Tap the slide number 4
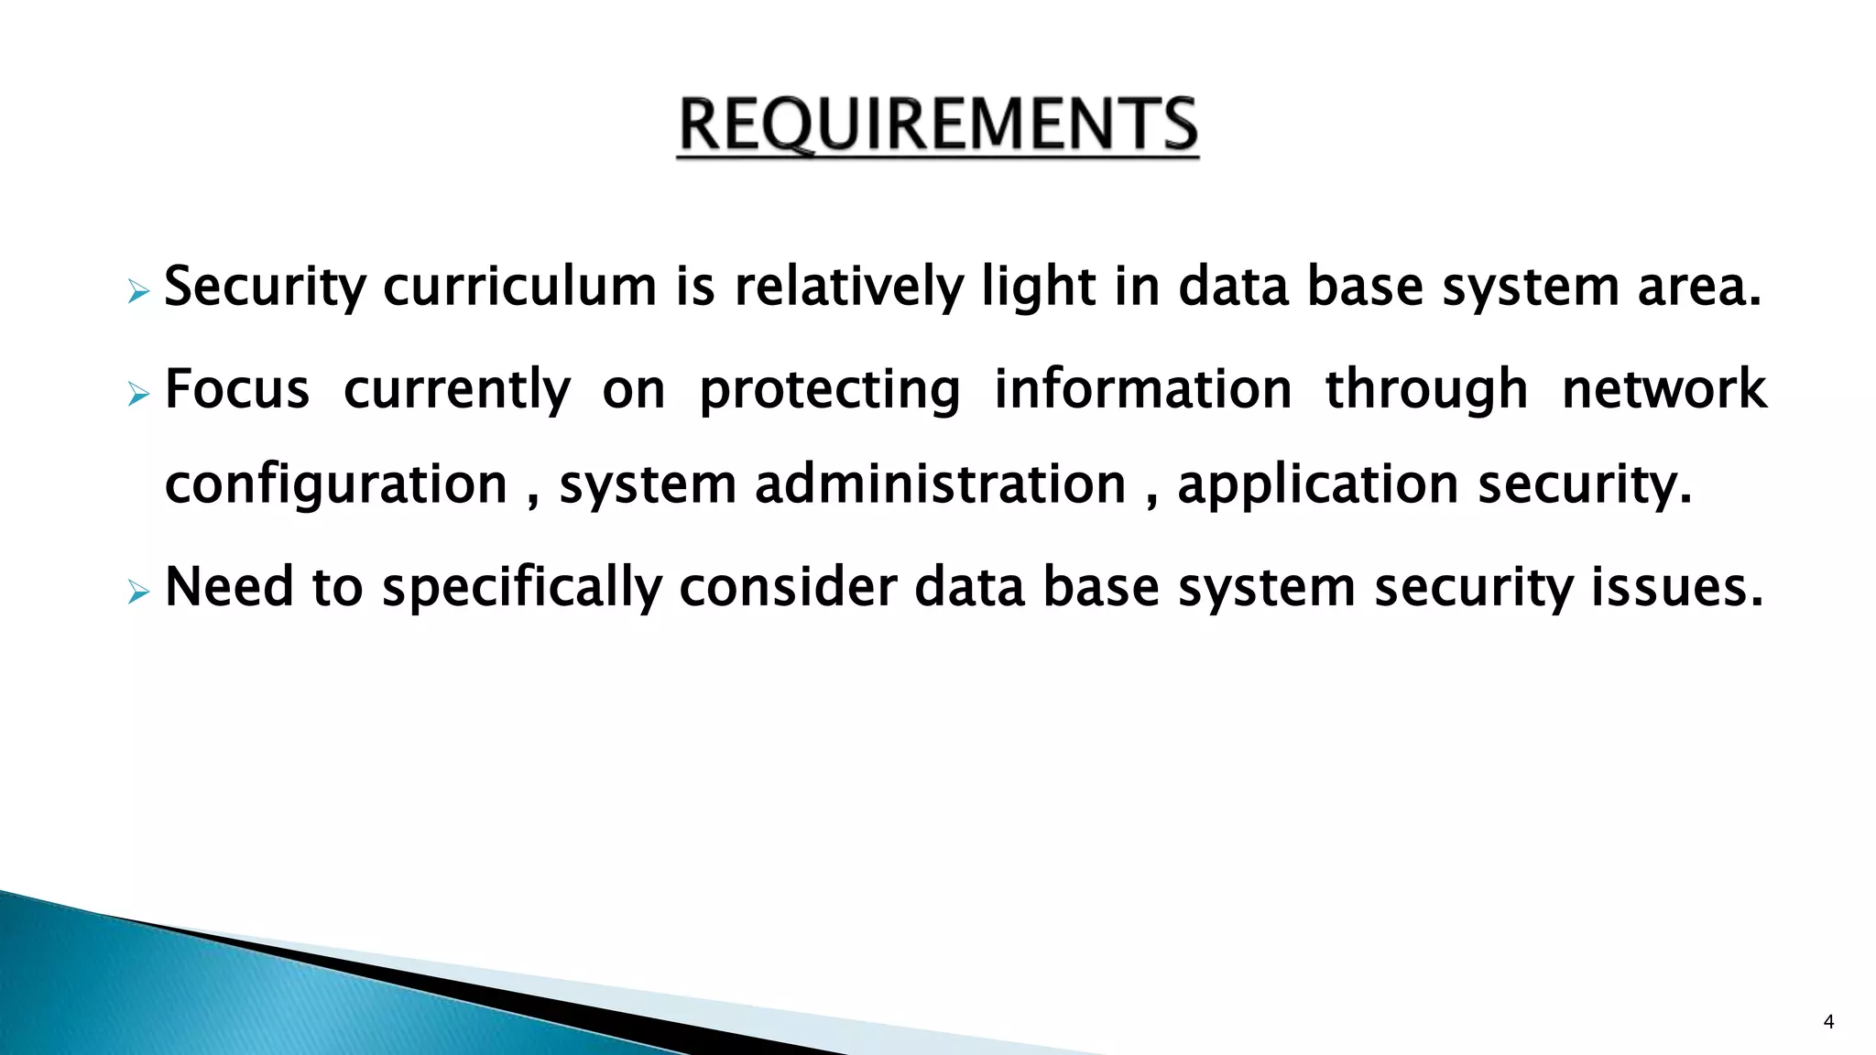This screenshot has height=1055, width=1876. click(x=1828, y=1022)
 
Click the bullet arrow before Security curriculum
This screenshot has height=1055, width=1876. click(x=138, y=293)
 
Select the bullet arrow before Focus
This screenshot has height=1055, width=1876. click(x=138, y=396)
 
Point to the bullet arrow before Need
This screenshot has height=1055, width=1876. click(x=138, y=593)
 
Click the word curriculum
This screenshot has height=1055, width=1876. click(x=519, y=287)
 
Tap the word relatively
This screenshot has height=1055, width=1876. click(x=848, y=287)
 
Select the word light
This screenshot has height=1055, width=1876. click(x=1038, y=287)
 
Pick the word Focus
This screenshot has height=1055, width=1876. click(x=237, y=389)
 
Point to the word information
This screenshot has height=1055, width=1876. click(x=1142, y=389)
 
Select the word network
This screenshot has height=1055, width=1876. click(x=1663, y=389)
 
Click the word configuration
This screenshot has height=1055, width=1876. click(x=335, y=485)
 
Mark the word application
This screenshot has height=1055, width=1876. click(x=1317, y=485)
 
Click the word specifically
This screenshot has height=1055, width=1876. click(x=521, y=588)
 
